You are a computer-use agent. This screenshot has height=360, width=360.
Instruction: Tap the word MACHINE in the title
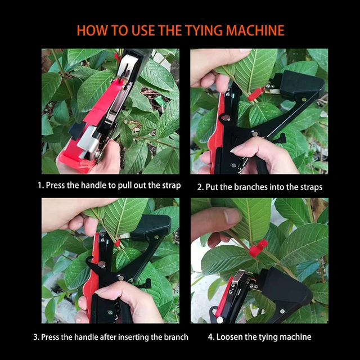click(x=255, y=30)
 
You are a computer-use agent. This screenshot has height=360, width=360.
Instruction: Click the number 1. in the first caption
click(x=40, y=185)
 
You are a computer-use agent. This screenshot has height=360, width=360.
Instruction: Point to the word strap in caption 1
click(x=171, y=186)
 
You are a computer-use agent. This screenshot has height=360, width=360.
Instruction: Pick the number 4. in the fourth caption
click(x=211, y=337)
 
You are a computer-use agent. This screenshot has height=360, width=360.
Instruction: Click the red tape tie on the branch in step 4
click(x=258, y=247)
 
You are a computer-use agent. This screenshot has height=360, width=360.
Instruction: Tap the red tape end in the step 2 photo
click(x=256, y=94)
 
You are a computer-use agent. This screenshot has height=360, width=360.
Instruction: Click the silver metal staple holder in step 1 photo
click(x=90, y=142)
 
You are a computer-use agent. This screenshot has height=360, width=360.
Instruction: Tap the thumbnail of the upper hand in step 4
click(x=232, y=216)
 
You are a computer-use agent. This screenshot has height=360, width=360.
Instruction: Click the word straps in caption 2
click(x=312, y=187)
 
